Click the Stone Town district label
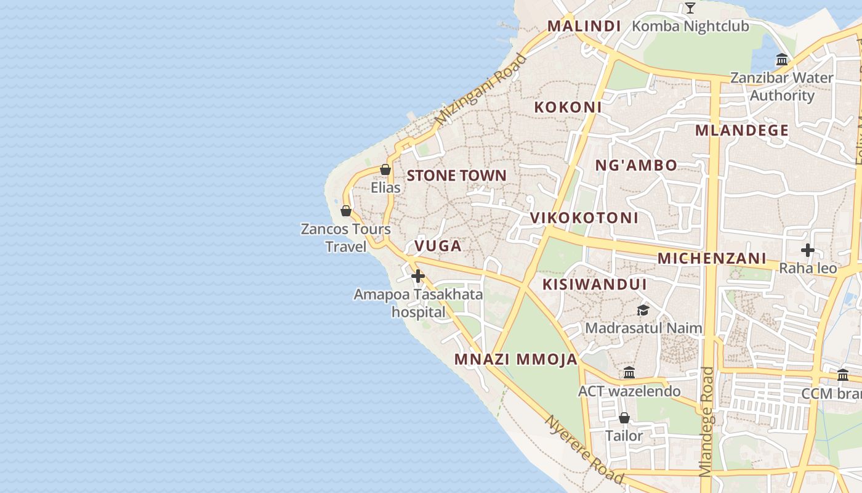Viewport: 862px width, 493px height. pos(456,176)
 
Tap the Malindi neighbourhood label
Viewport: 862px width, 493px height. pos(584,26)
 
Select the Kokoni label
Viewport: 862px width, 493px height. pos(568,107)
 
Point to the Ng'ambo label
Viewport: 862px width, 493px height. pos(636,165)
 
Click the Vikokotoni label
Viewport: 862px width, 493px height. pos(584,218)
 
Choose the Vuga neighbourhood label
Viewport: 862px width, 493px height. pos(438,246)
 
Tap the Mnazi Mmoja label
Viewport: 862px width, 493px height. pos(516,359)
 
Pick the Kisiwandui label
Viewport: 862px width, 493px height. pos(594,284)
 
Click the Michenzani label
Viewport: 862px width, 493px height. pos(712,258)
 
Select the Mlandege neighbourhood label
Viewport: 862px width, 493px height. pos(742,130)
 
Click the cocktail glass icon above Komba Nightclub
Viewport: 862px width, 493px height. pos(690,8)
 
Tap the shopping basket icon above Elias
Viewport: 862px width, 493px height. pos(385,169)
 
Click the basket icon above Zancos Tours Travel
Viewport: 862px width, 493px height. pos(346,211)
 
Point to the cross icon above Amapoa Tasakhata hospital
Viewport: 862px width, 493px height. pos(418,275)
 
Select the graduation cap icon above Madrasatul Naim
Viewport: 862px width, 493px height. pos(643,310)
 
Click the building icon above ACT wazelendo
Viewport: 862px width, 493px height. pos(629,373)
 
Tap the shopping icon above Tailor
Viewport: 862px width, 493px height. pos(624,418)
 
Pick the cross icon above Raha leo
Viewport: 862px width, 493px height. pos(808,250)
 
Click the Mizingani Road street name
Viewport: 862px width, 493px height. pos(481,89)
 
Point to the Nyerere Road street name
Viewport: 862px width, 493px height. pos(584,450)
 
